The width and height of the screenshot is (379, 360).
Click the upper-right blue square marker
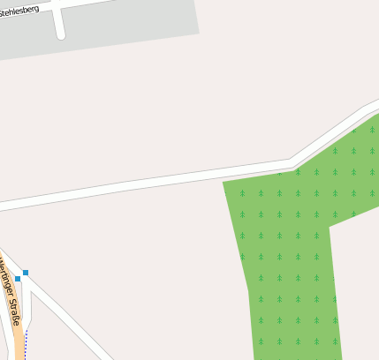(x=26, y=273)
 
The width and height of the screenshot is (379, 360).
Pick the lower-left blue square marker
(x=18, y=279)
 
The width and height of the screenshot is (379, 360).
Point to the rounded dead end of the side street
(x=61, y=35)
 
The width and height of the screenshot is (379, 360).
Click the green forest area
(x=292, y=247)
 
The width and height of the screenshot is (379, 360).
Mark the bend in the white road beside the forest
(x=293, y=163)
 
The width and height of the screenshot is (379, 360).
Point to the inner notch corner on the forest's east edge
(x=330, y=226)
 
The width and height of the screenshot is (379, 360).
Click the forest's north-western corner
(x=224, y=183)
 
